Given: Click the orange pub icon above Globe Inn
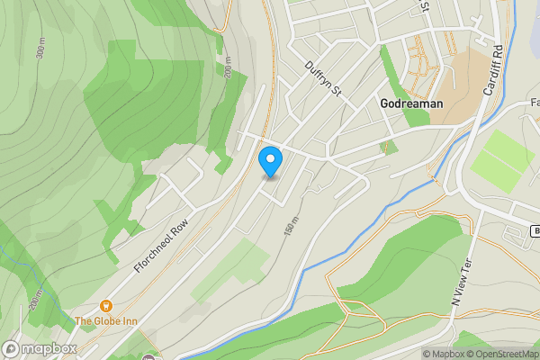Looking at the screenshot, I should [106, 306].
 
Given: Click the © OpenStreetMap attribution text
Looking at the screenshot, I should [505, 354].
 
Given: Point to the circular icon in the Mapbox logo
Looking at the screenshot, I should [11, 348].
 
